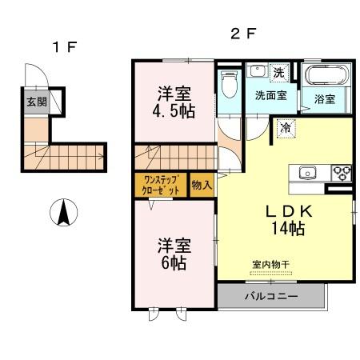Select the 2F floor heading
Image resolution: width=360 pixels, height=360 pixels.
(242, 34)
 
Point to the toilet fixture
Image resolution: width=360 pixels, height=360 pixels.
(229, 85)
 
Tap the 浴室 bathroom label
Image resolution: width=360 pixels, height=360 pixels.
(324, 101)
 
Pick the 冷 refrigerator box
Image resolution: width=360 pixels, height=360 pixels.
(285, 127)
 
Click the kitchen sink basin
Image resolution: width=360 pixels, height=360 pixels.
(309, 172)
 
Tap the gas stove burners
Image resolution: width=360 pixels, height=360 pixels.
(341, 171)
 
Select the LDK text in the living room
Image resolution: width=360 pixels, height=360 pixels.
(280, 211)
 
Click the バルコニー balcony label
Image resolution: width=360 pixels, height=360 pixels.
(271, 297)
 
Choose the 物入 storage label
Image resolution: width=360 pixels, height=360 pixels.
(202, 185)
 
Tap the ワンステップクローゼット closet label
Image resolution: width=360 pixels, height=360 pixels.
(161, 185)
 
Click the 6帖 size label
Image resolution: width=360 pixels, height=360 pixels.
(174, 263)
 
